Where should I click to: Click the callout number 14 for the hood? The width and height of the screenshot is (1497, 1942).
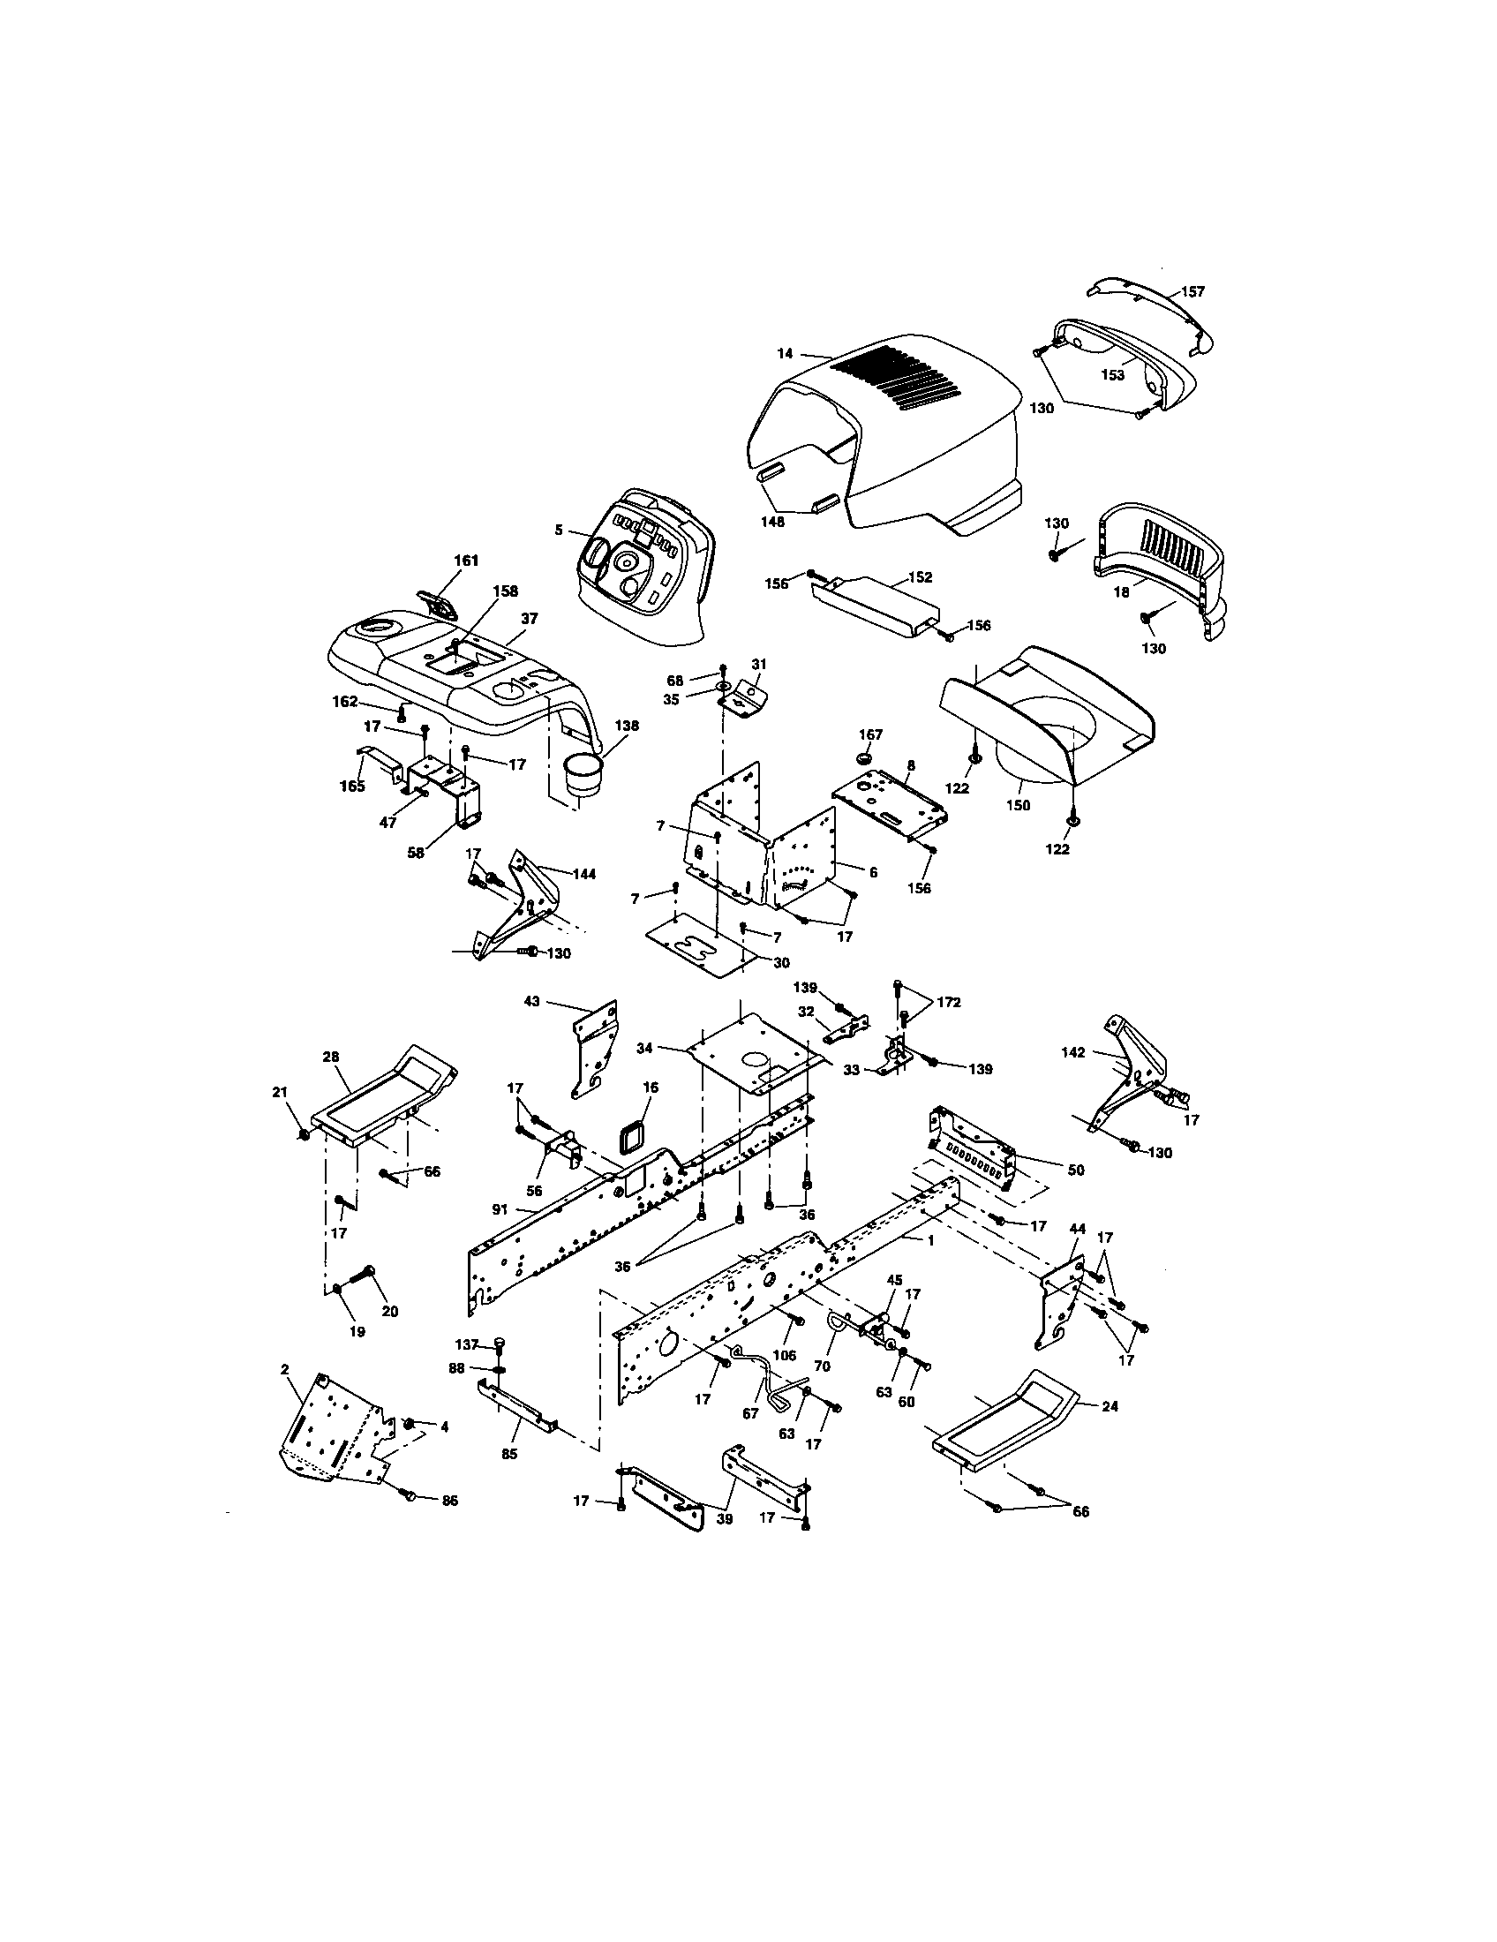(784, 353)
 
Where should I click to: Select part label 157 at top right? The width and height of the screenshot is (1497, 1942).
(1193, 291)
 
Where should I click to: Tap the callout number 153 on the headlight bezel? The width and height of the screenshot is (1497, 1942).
(1112, 374)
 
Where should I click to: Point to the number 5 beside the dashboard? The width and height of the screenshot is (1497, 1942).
(557, 530)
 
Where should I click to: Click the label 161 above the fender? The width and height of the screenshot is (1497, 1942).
(466, 561)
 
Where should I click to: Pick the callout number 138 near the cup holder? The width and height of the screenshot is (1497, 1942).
(626, 726)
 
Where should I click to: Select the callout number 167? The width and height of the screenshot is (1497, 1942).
(870, 734)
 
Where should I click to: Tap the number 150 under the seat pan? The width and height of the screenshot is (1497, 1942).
(1018, 806)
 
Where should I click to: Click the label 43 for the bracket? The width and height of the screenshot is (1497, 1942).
(531, 1001)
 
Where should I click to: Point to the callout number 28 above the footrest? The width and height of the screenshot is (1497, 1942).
(331, 1056)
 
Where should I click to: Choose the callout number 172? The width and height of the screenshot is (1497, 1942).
(949, 1002)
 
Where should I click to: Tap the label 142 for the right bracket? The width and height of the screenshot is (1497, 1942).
(1073, 1052)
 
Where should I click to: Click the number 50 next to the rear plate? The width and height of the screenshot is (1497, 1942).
(1076, 1170)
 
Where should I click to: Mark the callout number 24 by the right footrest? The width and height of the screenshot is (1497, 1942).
(1110, 1406)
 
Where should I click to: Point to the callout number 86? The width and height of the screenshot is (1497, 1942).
(450, 1500)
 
